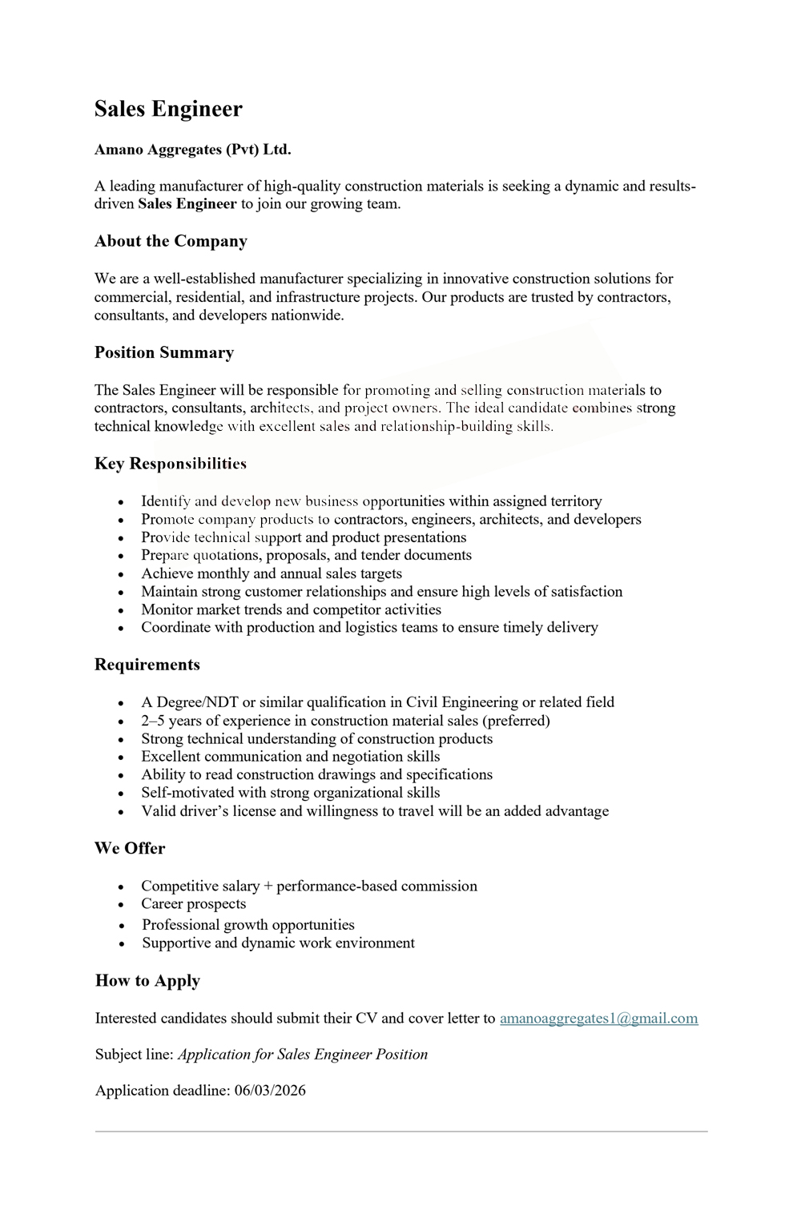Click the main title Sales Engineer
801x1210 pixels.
click(168, 109)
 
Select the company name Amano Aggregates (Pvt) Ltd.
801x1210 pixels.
click(192, 150)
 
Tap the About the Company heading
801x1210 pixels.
click(171, 241)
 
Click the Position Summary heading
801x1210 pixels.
click(164, 352)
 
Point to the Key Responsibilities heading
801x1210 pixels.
click(171, 464)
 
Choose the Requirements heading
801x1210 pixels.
click(147, 665)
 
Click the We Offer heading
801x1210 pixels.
click(130, 848)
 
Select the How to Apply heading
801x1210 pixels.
click(147, 981)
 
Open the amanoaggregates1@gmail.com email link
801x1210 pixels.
click(598, 1019)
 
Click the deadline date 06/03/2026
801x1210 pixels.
click(270, 1091)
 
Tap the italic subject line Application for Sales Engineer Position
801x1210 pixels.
click(303, 1055)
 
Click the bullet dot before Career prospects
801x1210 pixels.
click(121, 906)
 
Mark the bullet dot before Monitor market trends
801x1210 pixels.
click(121, 611)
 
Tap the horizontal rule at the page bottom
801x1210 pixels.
click(400, 1132)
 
